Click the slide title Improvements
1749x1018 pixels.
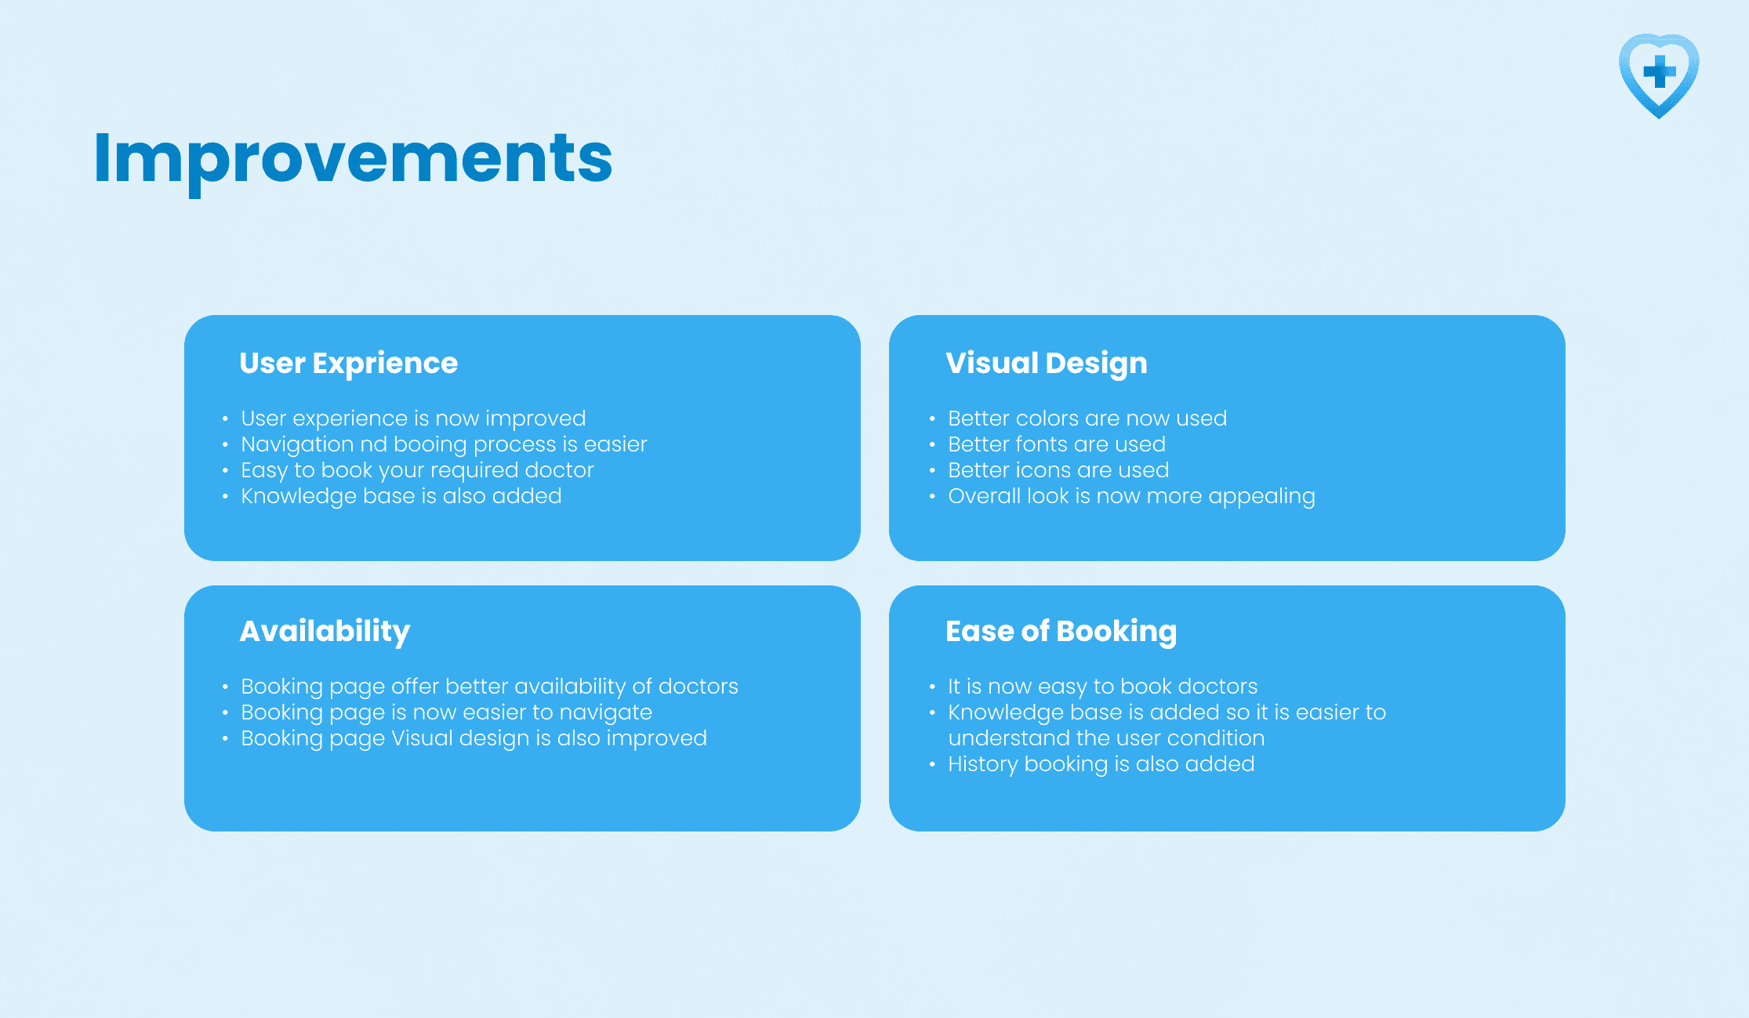click(x=353, y=160)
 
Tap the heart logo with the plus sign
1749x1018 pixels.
click(x=1659, y=75)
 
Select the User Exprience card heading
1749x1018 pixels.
click(x=348, y=364)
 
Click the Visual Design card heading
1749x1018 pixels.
click(x=1046, y=364)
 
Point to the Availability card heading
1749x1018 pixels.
click(x=325, y=632)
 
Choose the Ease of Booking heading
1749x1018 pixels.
click(x=1061, y=632)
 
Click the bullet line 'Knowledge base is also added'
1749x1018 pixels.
click(x=401, y=496)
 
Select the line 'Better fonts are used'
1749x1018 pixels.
click(x=1057, y=444)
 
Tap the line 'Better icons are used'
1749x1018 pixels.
click(x=1058, y=470)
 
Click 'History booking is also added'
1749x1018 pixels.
click(x=1101, y=764)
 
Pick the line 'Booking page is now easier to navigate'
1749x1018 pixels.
click(x=446, y=712)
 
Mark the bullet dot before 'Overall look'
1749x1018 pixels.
click(x=932, y=496)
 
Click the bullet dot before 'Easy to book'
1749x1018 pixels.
click(x=225, y=470)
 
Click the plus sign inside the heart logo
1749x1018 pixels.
click(x=1659, y=71)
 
